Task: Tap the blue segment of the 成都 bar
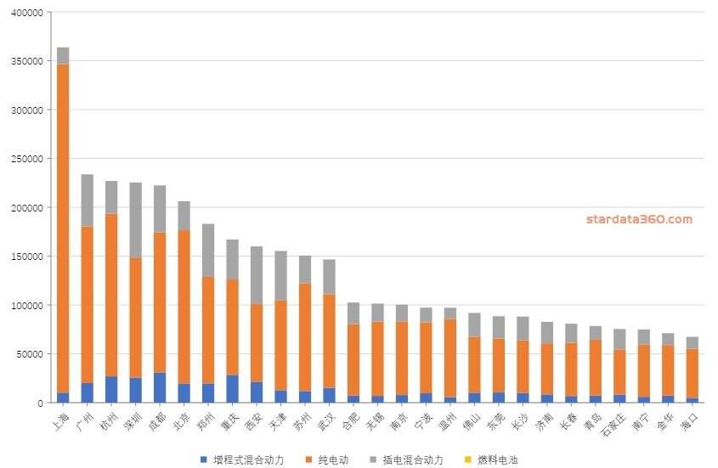point(160,387)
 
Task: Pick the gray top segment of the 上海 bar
point(63,55)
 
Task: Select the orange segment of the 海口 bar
point(693,373)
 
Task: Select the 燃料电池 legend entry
point(496,460)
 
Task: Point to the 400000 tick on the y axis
point(26,13)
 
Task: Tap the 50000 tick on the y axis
point(29,353)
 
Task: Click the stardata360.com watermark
point(638,219)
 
